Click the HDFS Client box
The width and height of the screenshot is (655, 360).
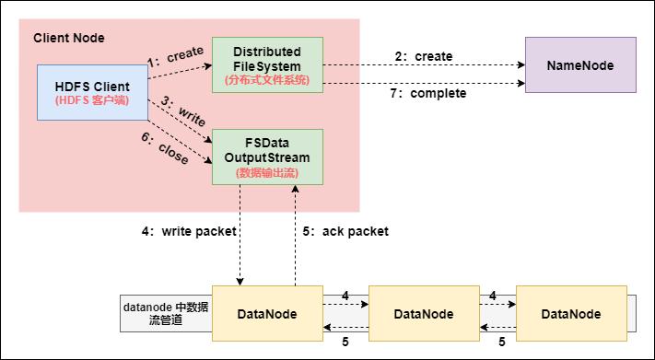click(92, 92)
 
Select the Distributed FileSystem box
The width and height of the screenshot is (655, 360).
click(267, 64)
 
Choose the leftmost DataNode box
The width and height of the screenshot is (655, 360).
click(266, 314)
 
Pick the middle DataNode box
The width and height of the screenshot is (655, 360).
click(423, 314)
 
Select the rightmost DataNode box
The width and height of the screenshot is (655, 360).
click(571, 314)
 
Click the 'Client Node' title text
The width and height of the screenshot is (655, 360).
click(69, 38)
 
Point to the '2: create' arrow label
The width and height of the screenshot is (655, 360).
click(424, 56)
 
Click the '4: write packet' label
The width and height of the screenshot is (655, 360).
click(189, 232)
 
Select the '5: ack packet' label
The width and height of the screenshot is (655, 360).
click(346, 232)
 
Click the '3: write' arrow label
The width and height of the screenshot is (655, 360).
click(181, 114)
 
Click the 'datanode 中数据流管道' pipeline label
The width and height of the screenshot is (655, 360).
click(166, 314)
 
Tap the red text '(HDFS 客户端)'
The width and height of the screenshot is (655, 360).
click(91, 99)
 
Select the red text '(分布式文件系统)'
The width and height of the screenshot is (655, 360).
click(267, 80)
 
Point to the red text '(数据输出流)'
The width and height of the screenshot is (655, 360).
click(267, 172)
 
